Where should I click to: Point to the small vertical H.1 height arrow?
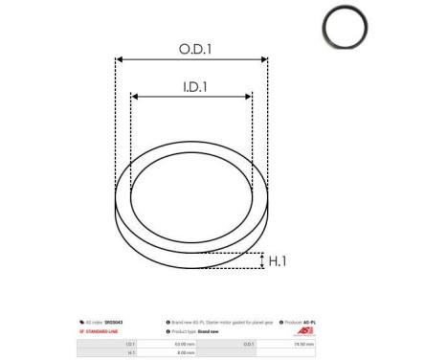pos(261,260)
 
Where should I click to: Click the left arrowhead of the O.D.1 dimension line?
pos(119,59)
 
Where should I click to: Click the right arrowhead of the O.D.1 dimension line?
pos(265,59)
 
